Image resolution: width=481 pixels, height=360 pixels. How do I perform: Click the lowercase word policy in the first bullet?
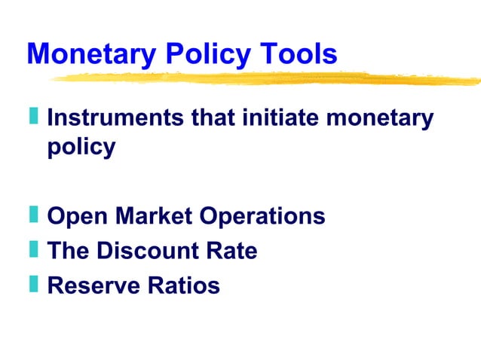tap(81, 146)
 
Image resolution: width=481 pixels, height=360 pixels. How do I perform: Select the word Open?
tap(77, 217)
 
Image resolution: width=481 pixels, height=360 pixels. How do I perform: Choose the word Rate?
tap(234, 251)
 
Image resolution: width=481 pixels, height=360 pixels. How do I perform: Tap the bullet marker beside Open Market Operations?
tap(34, 215)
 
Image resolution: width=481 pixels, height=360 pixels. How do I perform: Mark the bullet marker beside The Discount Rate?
tap(34, 249)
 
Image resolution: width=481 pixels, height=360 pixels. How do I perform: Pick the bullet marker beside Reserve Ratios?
tap(34, 284)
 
